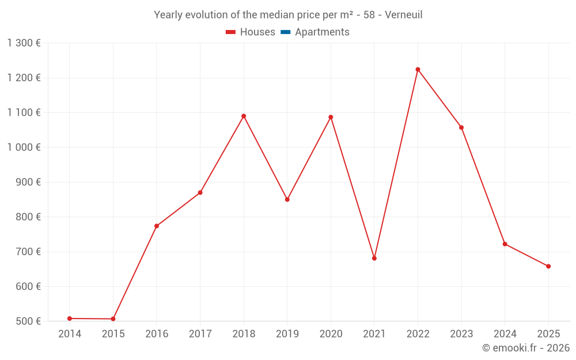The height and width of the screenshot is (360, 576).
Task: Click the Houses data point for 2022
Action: (x=418, y=70)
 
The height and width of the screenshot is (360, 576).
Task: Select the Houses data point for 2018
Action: (x=244, y=116)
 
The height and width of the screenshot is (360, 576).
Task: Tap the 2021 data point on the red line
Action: (x=374, y=258)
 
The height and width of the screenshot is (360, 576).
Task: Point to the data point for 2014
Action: (x=70, y=319)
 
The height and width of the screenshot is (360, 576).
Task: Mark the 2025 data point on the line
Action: (x=548, y=266)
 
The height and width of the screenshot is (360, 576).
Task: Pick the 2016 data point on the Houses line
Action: (x=157, y=226)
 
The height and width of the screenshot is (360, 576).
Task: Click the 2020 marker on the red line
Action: (x=331, y=117)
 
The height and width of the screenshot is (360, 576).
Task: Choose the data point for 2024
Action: (x=505, y=244)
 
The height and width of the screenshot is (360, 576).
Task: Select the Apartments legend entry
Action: (x=322, y=32)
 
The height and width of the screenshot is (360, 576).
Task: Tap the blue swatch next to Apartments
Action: (x=285, y=32)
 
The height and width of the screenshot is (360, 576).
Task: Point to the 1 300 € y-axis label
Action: (x=24, y=43)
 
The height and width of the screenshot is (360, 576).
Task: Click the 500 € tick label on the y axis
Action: (x=28, y=321)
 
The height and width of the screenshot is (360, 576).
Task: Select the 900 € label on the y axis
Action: (x=28, y=182)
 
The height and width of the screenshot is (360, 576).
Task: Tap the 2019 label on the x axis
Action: (x=287, y=334)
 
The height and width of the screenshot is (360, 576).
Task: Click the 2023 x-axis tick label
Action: (x=461, y=334)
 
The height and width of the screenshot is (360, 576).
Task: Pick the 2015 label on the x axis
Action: (x=113, y=334)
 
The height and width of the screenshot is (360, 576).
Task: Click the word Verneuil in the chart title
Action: (x=403, y=15)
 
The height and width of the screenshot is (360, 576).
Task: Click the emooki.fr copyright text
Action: (x=525, y=348)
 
